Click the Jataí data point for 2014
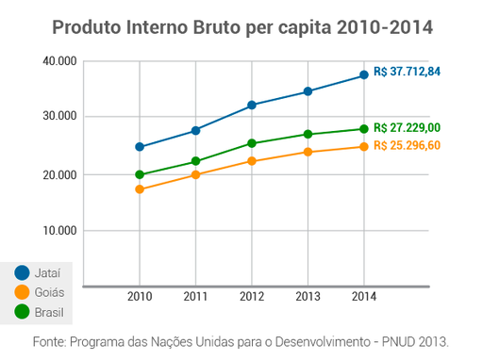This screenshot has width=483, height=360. tap(364, 75)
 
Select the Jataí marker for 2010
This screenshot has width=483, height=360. tap(140, 147)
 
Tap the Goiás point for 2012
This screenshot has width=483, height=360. tap(252, 161)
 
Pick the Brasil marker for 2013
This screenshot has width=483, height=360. tap(308, 134)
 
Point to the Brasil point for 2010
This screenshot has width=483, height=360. tap(140, 174)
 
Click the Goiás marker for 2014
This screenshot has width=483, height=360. tap(364, 146)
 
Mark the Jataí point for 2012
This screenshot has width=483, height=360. tap(252, 106)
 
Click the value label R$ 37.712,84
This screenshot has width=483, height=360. tap(408, 72)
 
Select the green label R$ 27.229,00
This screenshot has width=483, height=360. tap(407, 127)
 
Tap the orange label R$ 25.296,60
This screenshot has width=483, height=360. tap(407, 146)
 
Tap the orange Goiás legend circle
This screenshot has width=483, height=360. tap(22, 292)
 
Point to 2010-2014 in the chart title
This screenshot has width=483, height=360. tap(382, 27)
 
